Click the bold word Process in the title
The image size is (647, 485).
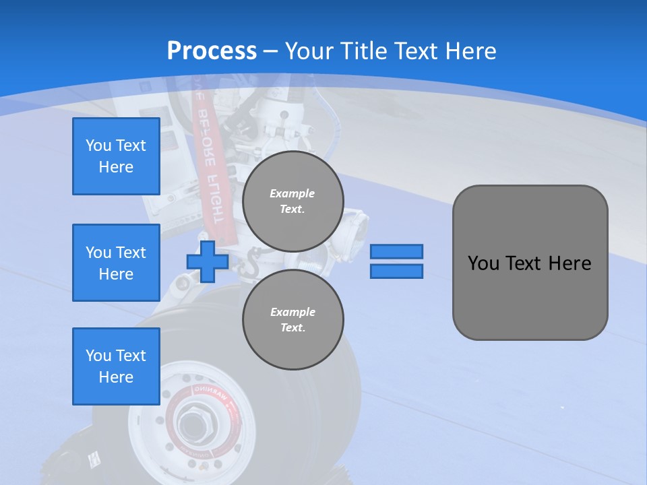pyautogui.click(x=212, y=51)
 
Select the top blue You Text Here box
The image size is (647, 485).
pyautogui.click(x=116, y=156)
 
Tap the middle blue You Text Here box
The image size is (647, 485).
pyautogui.click(x=116, y=263)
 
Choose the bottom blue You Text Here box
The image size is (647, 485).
pyautogui.click(x=116, y=366)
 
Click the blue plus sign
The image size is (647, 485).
pyautogui.click(x=208, y=261)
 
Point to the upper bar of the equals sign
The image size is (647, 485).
pyautogui.click(x=396, y=251)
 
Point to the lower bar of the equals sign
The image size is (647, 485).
pyautogui.click(x=396, y=271)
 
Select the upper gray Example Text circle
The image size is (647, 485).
pyautogui.click(x=292, y=201)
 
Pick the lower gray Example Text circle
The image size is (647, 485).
pyautogui.click(x=292, y=319)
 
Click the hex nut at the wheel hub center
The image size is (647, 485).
pyautogui.click(x=191, y=425)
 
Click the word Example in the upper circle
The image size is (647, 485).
pyautogui.click(x=292, y=193)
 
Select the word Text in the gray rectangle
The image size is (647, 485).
pyautogui.click(x=526, y=263)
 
